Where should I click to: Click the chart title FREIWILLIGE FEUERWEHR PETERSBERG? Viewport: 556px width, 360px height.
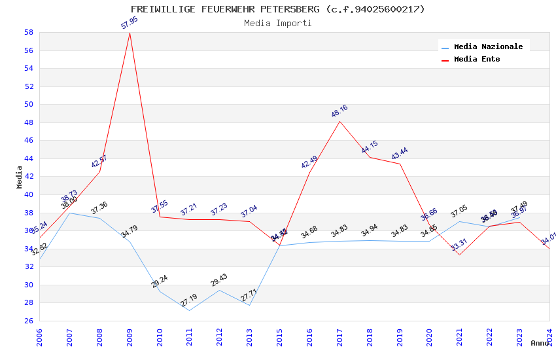tap(277, 9)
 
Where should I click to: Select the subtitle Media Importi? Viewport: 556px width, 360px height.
tap(277, 23)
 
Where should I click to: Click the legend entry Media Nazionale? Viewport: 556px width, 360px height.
tap(488, 46)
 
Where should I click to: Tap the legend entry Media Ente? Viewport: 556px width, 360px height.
tap(477, 59)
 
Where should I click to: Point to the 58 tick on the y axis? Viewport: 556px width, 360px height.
tap(29, 32)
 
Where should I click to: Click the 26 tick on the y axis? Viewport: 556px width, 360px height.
tap(29, 321)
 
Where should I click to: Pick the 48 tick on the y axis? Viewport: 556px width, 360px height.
tap(29, 122)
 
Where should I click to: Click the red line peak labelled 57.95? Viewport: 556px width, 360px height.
tap(130, 33)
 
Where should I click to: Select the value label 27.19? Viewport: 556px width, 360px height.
tap(189, 301)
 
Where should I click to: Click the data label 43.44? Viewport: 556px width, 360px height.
tap(400, 154)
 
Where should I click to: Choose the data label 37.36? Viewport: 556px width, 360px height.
tap(99, 208)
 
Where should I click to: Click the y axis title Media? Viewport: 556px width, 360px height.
tap(20, 177)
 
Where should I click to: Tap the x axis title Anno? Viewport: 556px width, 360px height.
tap(540, 343)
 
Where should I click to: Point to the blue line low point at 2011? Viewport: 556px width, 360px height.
tap(190, 310)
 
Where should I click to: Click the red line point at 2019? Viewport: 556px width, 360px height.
tap(400, 164)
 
